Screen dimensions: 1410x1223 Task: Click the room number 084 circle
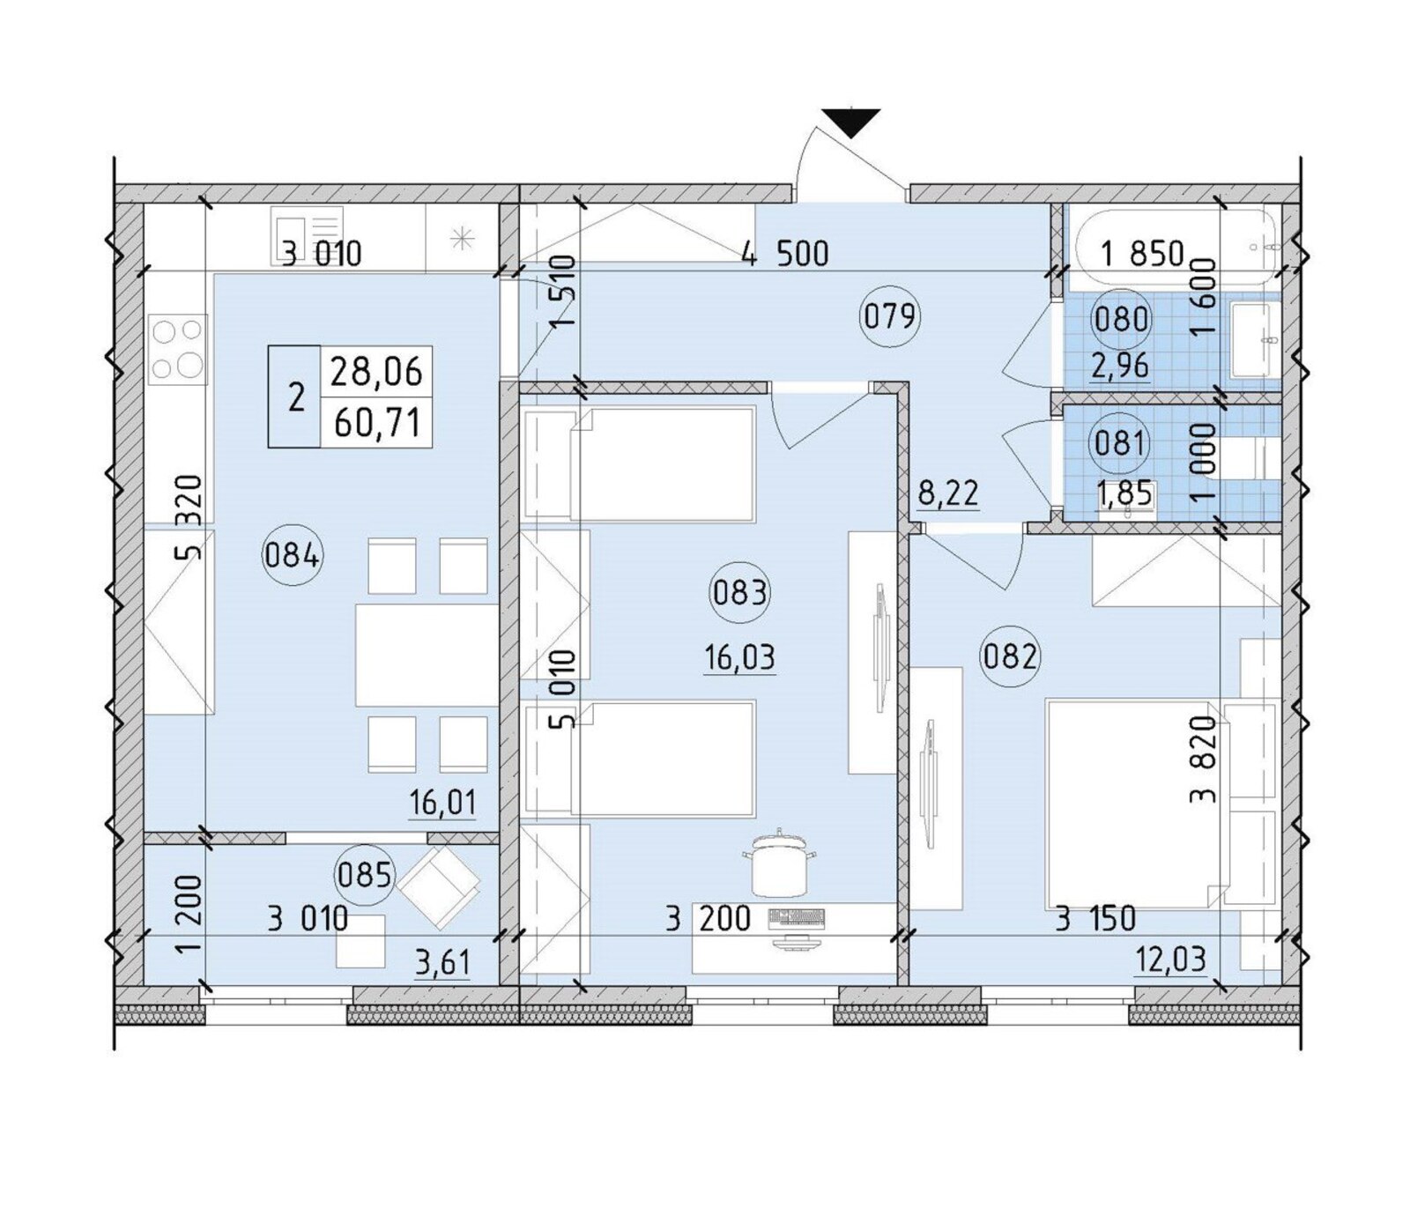pyautogui.click(x=293, y=555)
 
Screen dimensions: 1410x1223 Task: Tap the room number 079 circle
pyautogui.click(x=890, y=315)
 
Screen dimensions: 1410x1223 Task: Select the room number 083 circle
pyautogui.click(x=739, y=592)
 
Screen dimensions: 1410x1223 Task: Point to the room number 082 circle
pyautogui.click(x=1010, y=656)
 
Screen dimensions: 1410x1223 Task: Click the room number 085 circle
pyautogui.click(x=364, y=875)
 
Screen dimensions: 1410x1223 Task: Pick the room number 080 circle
pyautogui.click(x=1120, y=318)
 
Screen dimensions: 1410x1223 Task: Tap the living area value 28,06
pyautogui.click(x=376, y=372)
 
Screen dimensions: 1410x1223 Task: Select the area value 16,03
pyautogui.click(x=740, y=657)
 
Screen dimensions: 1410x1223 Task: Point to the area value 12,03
pyautogui.click(x=1170, y=958)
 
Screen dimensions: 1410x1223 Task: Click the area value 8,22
pyautogui.click(x=948, y=493)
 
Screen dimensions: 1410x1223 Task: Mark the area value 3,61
pyautogui.click(x=442, y=963)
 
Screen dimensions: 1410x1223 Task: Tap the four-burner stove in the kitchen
pyautogui.click(x=178, y=348)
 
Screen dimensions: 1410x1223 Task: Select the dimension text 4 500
pyautogui.click(x=784, y=254)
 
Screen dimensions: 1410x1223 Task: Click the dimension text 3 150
pyautogui.click(x=1095, y=919)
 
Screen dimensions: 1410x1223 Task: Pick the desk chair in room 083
pyautogui.click(x=779, y=861)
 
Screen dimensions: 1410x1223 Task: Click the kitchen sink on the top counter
pyautogui.click(x=307, y=231)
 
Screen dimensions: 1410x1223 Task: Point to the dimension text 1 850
pyautogui.click(x=1143, y=254)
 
